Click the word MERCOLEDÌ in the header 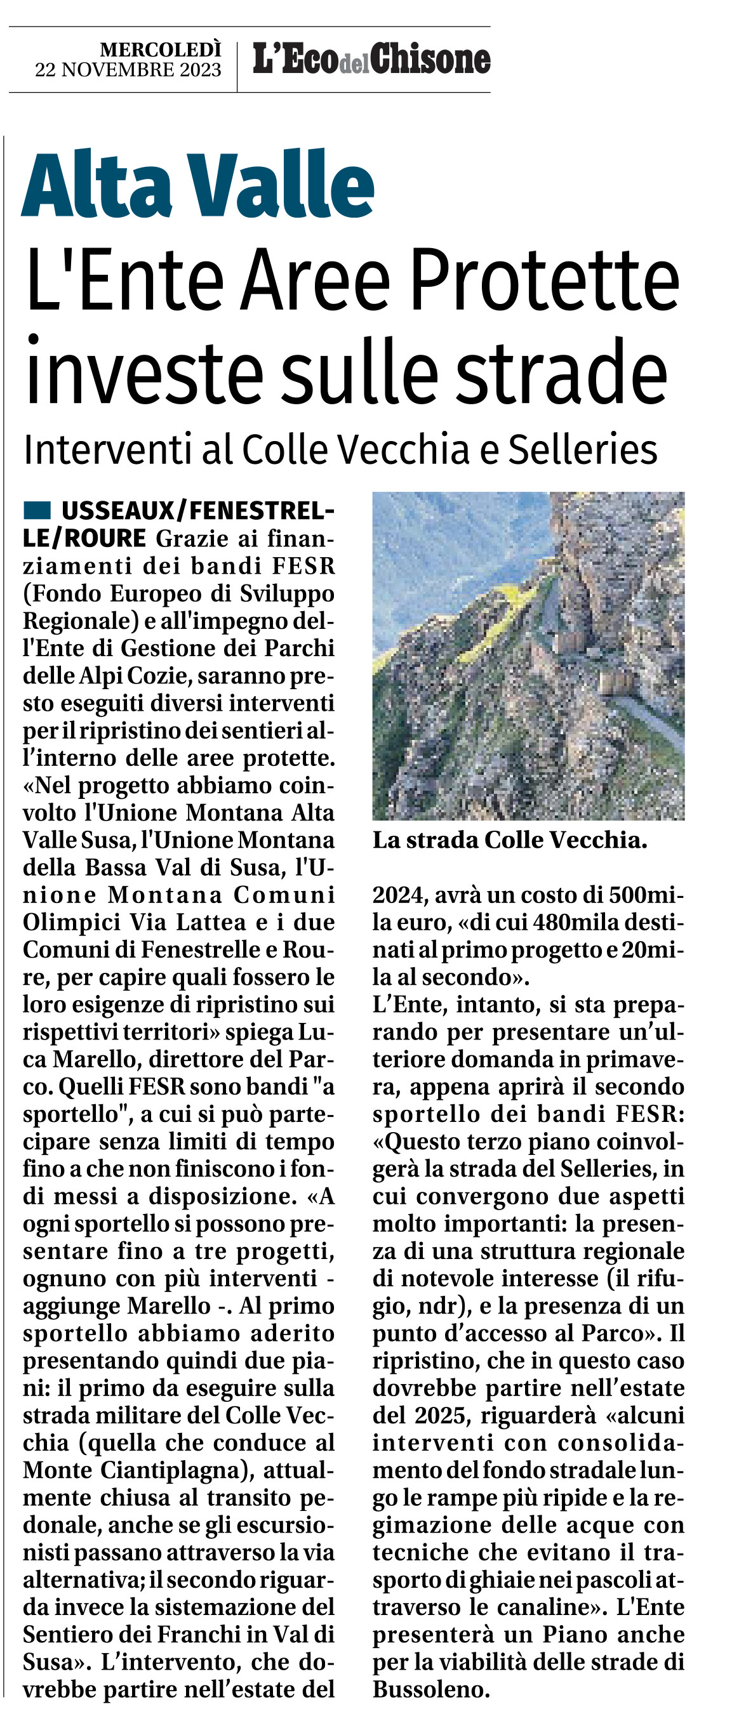tap(161, 49)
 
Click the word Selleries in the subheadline tap(583, 450)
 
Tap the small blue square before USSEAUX tap(37, 510)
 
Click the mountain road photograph tap(528, 656)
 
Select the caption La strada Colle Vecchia tap(510, 840)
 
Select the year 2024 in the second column tap(399, 895)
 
